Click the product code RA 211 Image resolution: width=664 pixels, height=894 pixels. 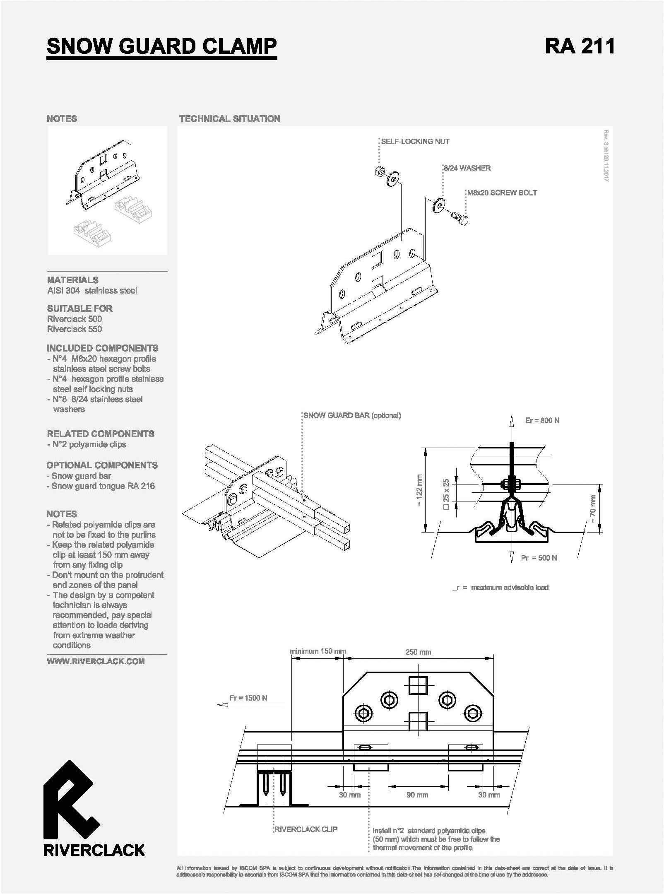click(x=580, y=46)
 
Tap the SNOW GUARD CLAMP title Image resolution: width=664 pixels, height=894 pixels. click(x=162, y=46)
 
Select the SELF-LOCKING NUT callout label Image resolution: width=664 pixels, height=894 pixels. click(x=415, y=142)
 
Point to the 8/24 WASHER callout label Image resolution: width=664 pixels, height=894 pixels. click(x=467, y=168)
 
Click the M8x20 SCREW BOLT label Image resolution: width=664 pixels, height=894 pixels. click(x=502, y=193)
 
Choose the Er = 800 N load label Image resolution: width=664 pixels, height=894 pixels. click(x=542, y=421)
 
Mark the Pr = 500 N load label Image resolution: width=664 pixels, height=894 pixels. click(x=539, y=558)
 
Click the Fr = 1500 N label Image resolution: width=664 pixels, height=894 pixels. click(x=248, y=698)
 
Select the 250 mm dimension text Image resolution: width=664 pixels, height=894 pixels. click(x=418, y=652)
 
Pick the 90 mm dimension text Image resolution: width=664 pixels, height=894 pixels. click(x=417, y=795)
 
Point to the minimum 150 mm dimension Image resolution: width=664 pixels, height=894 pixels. click(x=318, y=651)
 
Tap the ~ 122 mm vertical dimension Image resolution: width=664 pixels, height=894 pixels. click(x=419, y=491)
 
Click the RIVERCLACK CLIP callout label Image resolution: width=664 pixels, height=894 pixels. click(x=306, y=829)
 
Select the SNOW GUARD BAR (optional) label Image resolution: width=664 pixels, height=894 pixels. click(x=352, y=415)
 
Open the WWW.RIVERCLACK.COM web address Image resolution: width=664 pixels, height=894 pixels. click(x=96, y=661)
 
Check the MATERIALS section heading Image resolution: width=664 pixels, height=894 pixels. click(x=73, y=280)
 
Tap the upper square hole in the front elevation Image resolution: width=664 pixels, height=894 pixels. click(x=418, y=686)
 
